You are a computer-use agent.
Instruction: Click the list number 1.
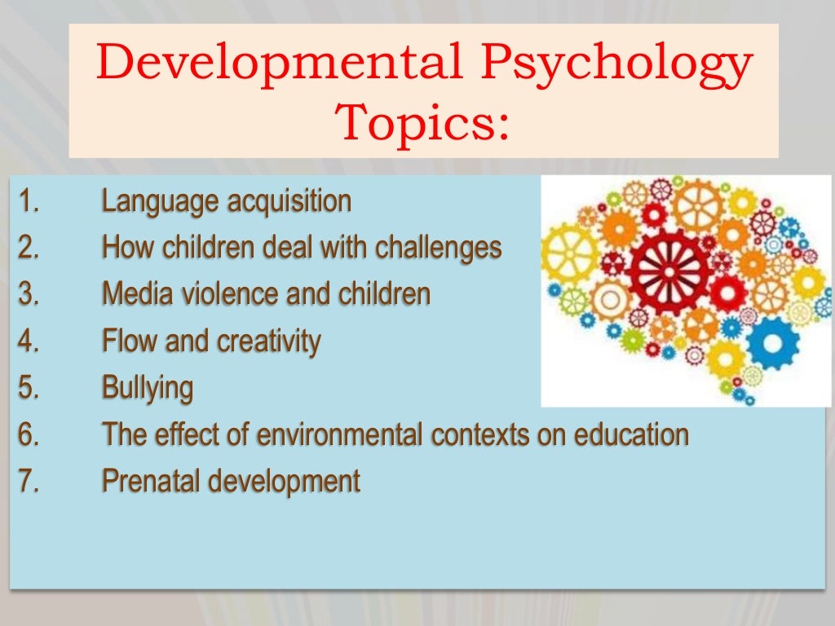29,201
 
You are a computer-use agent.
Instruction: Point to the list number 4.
29,342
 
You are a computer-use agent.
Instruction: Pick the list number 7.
29,481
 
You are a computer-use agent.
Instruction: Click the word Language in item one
159,201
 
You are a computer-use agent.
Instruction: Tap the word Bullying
148,388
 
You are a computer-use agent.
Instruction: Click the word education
632,434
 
